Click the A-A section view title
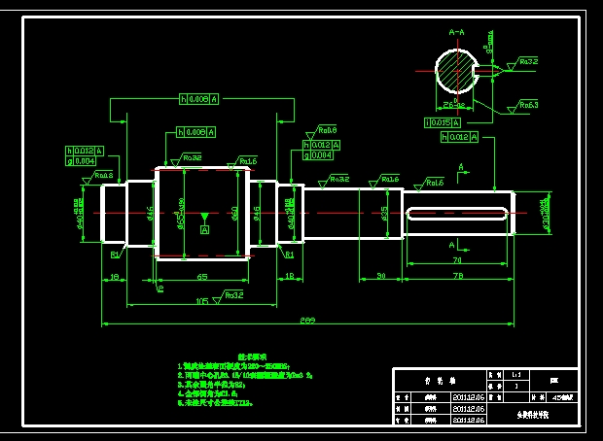click(456, 32)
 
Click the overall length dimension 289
click(307, 321)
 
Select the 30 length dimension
click(380, 278)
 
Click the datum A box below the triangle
click(204, 230)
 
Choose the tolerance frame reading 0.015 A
click(448, 122)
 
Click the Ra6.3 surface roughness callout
click(528, 104)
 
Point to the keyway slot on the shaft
click(457, 214)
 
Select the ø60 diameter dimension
click(234, 212)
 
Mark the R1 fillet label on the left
click(114, 254)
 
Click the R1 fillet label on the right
click(289, 254)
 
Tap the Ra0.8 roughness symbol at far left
click(100, 176)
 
